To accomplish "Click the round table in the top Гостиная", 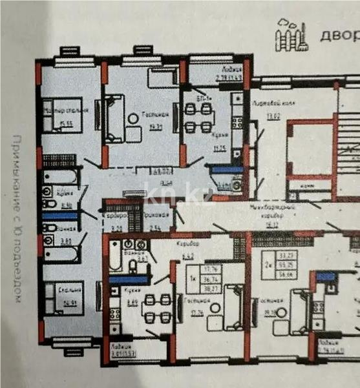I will click(132, 117).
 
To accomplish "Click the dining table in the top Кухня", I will click(198, 117).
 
